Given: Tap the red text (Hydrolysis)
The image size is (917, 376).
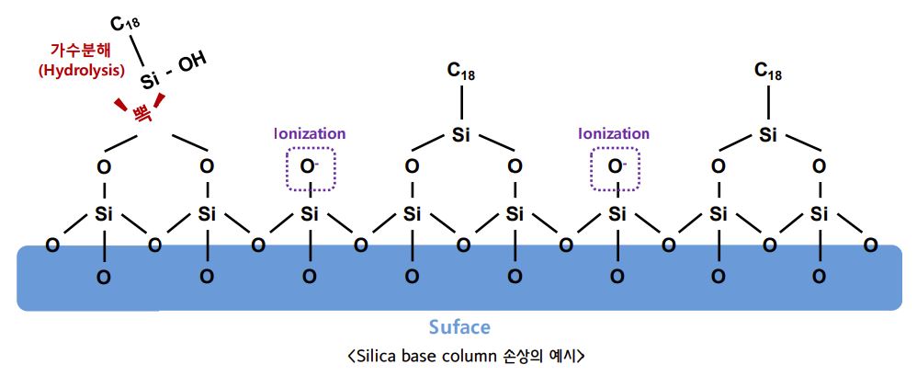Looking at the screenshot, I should (x=82, y=70).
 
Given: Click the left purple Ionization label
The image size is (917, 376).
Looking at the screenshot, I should (x=310, y=133).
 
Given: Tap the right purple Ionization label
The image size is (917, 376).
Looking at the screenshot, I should (x=614, y=133).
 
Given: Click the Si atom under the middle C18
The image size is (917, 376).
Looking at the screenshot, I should (x=462, y=136).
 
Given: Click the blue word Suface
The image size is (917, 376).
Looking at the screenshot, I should (x=459, y=327).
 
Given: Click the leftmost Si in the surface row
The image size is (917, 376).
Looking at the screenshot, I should (x=104, y=215).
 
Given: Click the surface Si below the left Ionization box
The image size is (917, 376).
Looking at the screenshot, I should (x=310, y=215).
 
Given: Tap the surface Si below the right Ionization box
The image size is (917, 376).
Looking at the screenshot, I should (x=617, y=215).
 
